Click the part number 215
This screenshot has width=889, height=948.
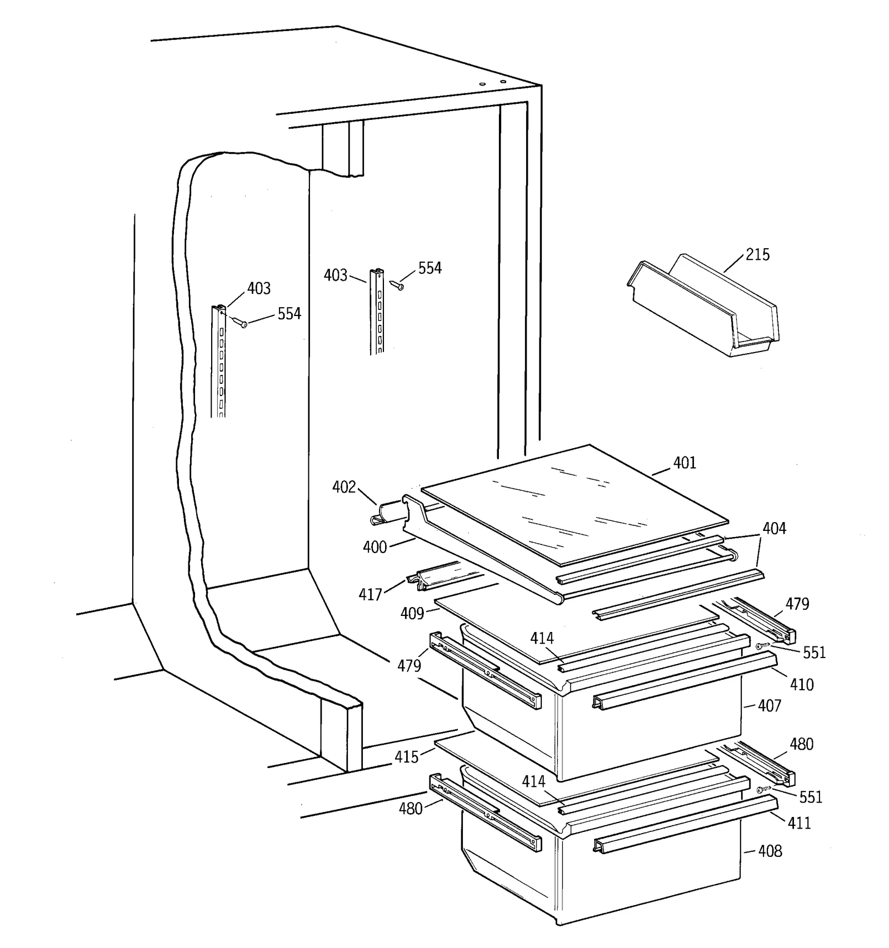pyautogui.click(x=757, y=255)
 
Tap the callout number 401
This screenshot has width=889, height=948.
pyautogui.click(x=685, y=463)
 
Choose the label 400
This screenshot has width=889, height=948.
pyautogui.click(x=374, y=547)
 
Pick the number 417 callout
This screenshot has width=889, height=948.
pyautogui.click(x=370, y=595)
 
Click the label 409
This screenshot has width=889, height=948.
pyautogui.click(x=412, y=613)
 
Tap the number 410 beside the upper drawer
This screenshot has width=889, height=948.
pyautogui.click(x=802, y=684)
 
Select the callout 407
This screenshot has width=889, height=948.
pyautogui.click(x=770, y=706)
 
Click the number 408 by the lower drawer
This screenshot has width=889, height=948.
pyautogui.click(x=770, y=851)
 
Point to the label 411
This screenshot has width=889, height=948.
pyautogui.click(x=799, y=822)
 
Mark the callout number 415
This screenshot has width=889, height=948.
pyautogui.click(x=406, y=756)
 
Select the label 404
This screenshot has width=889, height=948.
pyautogui.click(x=774, y=528)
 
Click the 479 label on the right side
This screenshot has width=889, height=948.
pyautogui.click(x=797, y=604)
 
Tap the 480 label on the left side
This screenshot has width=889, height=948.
pyautogui.click(x=411, y=808)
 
